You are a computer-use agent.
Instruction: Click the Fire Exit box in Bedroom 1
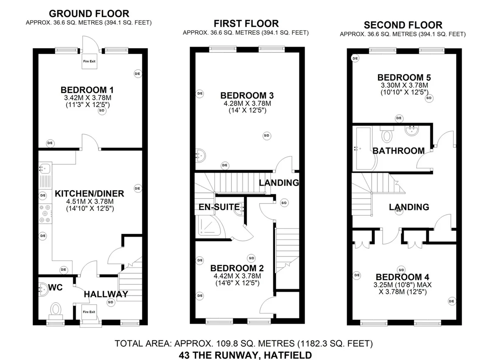(89, 61)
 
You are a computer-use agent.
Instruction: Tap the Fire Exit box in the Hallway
(89, 312)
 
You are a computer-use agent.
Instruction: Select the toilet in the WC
(56, 311)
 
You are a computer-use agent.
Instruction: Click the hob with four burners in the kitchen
(45, 213)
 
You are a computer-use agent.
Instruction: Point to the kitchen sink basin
(45, 169)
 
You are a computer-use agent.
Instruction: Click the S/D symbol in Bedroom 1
(102, 111)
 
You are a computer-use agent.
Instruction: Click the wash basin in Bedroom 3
(200, 156)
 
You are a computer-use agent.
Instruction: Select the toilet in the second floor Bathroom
(387, 134)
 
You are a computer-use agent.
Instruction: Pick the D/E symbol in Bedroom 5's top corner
(355, 58)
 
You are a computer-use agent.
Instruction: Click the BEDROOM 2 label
(237, 268)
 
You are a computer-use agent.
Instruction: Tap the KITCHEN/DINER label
(89, 194)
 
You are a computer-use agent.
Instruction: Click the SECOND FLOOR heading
(403, 25)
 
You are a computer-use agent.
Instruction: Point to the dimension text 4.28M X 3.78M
(247, 103)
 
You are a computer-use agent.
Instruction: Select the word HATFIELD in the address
(288, 355)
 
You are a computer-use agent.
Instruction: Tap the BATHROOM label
(398, 151)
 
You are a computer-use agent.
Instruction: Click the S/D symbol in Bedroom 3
(267, 135)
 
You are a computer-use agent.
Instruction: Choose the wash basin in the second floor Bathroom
(412, 130)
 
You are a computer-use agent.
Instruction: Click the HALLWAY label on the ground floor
(106, 294)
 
